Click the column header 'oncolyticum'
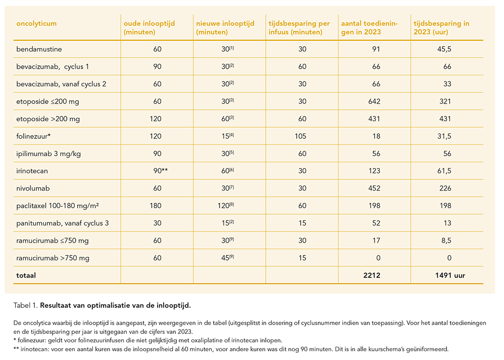coord(36,24)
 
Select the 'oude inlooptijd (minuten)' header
coord(149,28)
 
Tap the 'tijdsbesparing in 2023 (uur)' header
coord(441,28)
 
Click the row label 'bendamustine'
coord(39,49)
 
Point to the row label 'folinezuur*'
coord(33,136)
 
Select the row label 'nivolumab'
coord(33,189)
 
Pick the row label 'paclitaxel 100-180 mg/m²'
coord(57,206)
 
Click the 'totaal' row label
coord(26,276)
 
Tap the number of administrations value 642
coord(374,102)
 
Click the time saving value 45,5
coord(444,49)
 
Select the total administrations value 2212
coord(372,276)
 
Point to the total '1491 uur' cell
coord(450,276)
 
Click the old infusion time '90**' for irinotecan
coord(161,171)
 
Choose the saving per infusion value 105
coord(300,136)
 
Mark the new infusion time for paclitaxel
coord(225,206)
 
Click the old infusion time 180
coord(156,206)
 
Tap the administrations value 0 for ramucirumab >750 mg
coord(378,258)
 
